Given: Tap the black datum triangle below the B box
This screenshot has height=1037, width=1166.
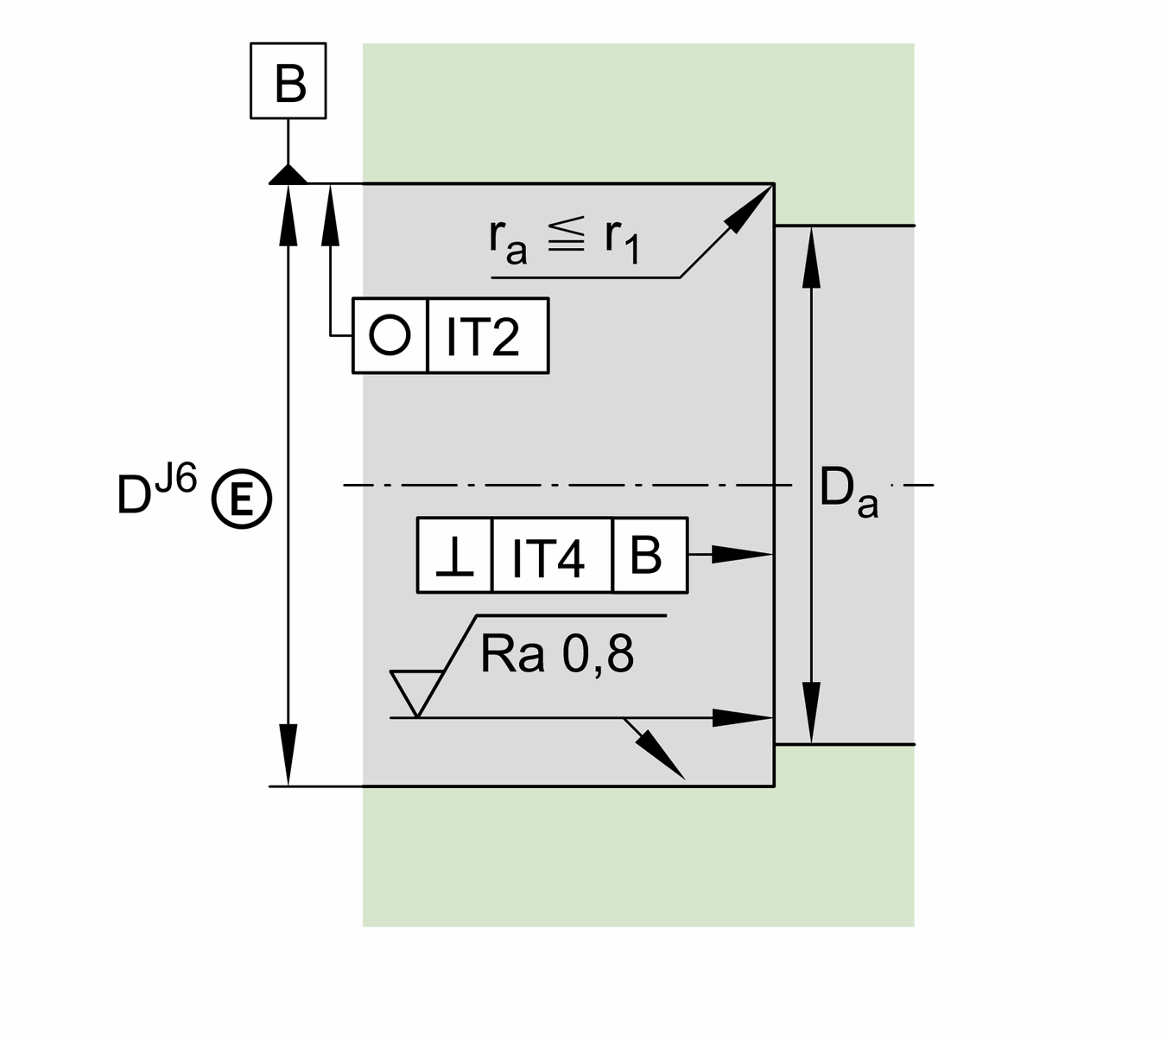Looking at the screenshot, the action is [x=288, y=175].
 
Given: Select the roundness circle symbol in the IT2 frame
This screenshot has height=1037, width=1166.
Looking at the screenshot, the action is [x=390, y=335].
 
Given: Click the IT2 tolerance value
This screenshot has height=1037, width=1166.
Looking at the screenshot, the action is [x=482, y=336].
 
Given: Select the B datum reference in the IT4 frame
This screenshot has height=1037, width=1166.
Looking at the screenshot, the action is [x=646, y=555].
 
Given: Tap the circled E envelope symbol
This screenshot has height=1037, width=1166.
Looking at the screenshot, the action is [x=242, y=499].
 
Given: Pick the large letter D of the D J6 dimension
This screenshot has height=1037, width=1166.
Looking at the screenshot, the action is [x=134, y=495].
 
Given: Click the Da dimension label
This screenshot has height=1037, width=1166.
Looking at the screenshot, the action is [x=848, y=493].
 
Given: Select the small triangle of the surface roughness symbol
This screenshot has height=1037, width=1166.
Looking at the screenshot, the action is [x=416, y=689].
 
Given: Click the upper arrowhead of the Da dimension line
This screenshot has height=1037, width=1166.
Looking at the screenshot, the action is [x=811, y=258].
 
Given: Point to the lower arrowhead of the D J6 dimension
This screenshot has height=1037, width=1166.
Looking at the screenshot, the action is [x=288, y=755].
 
